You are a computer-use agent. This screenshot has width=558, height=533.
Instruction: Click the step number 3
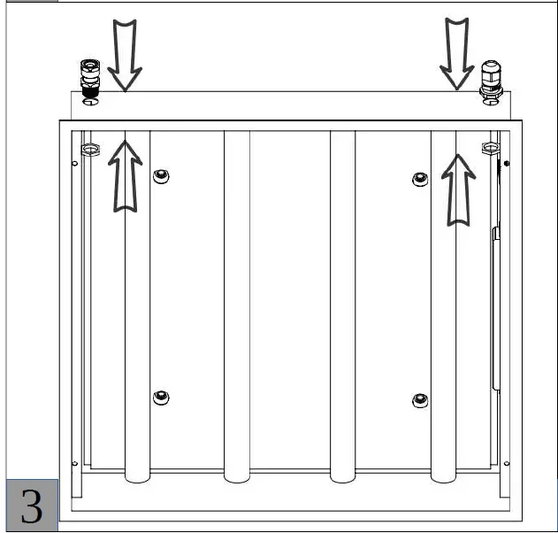click(x=32, y=506)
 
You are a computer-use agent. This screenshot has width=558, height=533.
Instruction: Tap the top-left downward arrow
click(x=125, y=55)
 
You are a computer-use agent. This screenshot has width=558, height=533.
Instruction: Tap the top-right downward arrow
click(x=457, y=53)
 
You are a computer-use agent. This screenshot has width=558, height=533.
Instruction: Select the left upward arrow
click(x=125, y=176)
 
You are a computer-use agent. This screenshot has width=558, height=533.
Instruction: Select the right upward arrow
click(x=458, y=190)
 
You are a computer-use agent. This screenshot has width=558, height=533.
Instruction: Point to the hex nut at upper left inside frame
click(x=90, y=149)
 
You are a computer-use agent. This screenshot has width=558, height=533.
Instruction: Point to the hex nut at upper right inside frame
click(x=491, y=148)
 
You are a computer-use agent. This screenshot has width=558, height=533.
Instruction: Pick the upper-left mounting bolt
click(x=161, y=176)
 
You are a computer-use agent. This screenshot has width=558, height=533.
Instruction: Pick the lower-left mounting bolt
click(x=161, y=398)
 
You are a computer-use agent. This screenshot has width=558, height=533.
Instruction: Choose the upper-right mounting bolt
click(x=420, y=179)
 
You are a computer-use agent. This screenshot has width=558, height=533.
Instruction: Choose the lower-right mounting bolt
click(x=420, y=400)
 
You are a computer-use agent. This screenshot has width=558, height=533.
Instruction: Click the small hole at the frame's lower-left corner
click(x=75, y=464)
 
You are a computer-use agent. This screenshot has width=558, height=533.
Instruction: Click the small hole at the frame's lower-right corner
click(x=507, y=464)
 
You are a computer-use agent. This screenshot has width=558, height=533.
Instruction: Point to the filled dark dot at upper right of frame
click(x=507, y=163)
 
